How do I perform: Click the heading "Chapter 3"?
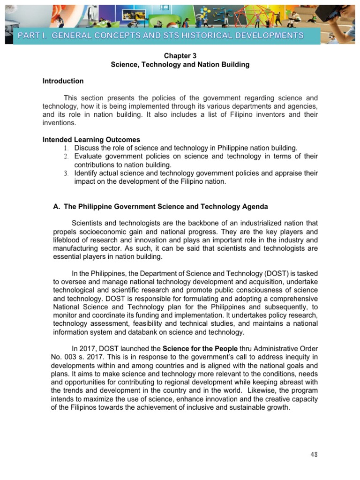[180, 56]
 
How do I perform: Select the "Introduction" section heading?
[63, 81]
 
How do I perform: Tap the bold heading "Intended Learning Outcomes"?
[91, 140]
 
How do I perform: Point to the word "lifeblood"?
[67, 240]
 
